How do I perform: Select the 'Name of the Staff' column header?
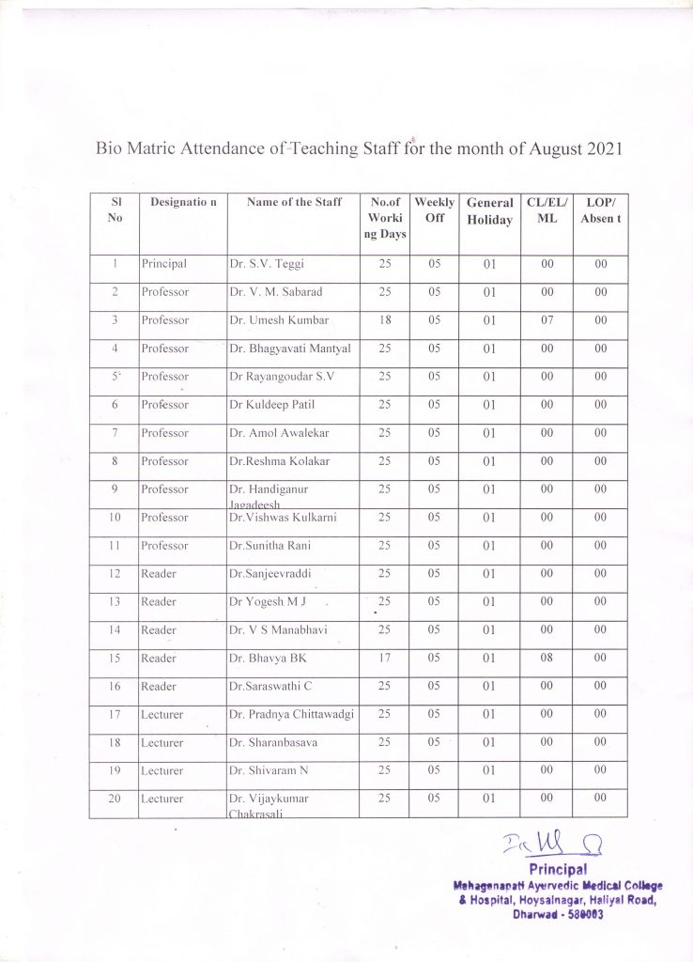(294, 202)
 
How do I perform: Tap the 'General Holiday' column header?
(489, 211)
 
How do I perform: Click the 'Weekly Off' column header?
(435, 209)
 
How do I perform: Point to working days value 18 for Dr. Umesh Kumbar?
(385, 320)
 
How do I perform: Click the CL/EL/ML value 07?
(547, 320)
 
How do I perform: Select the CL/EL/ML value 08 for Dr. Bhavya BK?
(547, 659)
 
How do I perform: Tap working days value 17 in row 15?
(385, 659)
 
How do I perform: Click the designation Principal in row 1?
(164, 265)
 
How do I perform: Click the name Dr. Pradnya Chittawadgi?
(291, 715)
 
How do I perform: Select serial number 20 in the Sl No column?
(115, 799)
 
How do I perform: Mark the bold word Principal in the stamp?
(558, 869)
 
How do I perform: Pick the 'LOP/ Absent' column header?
(600, 209)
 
